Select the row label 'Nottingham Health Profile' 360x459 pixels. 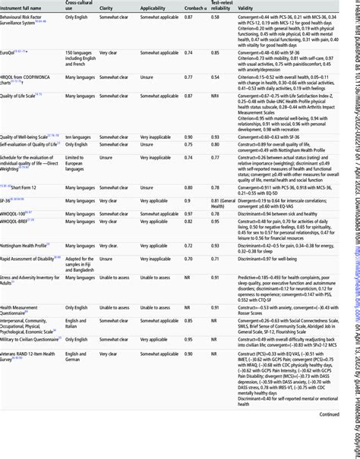click(x=30, y=247)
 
